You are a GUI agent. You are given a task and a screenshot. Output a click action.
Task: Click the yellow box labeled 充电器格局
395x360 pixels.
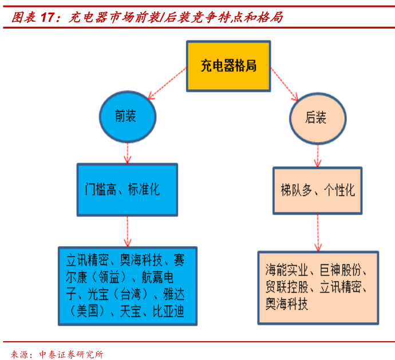tap(228, 66)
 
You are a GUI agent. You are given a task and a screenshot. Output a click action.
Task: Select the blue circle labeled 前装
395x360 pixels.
tap(128, 117)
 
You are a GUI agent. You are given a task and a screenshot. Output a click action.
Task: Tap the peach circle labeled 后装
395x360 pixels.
tap(318, 118)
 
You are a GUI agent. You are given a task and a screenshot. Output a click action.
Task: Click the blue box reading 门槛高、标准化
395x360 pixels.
tap(127, 189)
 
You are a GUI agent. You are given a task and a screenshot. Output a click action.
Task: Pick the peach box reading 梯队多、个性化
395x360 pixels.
tap(317, 191)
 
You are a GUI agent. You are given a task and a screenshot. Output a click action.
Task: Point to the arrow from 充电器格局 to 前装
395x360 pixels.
tap(168, 83)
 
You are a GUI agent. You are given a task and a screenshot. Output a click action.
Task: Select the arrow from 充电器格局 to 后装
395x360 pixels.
tap(284, 84)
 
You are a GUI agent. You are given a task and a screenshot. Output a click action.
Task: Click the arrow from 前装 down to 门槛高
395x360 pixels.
tap(128, 153)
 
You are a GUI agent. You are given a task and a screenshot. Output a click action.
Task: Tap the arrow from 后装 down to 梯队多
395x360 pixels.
tap(318, 156)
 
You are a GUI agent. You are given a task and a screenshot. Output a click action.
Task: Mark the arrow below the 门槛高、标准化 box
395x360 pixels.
tap(128, 231)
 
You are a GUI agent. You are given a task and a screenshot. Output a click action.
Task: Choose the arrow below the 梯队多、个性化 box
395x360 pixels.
tap(318, 233)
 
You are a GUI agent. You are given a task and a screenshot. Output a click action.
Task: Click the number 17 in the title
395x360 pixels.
tap(47, 17)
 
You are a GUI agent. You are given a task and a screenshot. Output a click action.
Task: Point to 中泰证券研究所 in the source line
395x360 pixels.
tap(72, 354)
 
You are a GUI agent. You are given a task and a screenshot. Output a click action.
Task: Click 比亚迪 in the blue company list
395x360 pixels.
tap(168, 311)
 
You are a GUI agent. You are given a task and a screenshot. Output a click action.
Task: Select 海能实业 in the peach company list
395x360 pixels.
tap(286, 270)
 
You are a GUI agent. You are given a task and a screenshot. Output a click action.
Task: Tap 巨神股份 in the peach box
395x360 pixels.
tap(341, 270)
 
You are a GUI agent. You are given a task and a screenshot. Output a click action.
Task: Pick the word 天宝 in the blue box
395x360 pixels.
tap(131, 311)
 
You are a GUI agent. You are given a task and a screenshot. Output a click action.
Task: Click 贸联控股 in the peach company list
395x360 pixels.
tap(287, 287)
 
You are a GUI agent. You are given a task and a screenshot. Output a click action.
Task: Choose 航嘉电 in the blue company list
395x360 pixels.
tap(157, 277)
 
